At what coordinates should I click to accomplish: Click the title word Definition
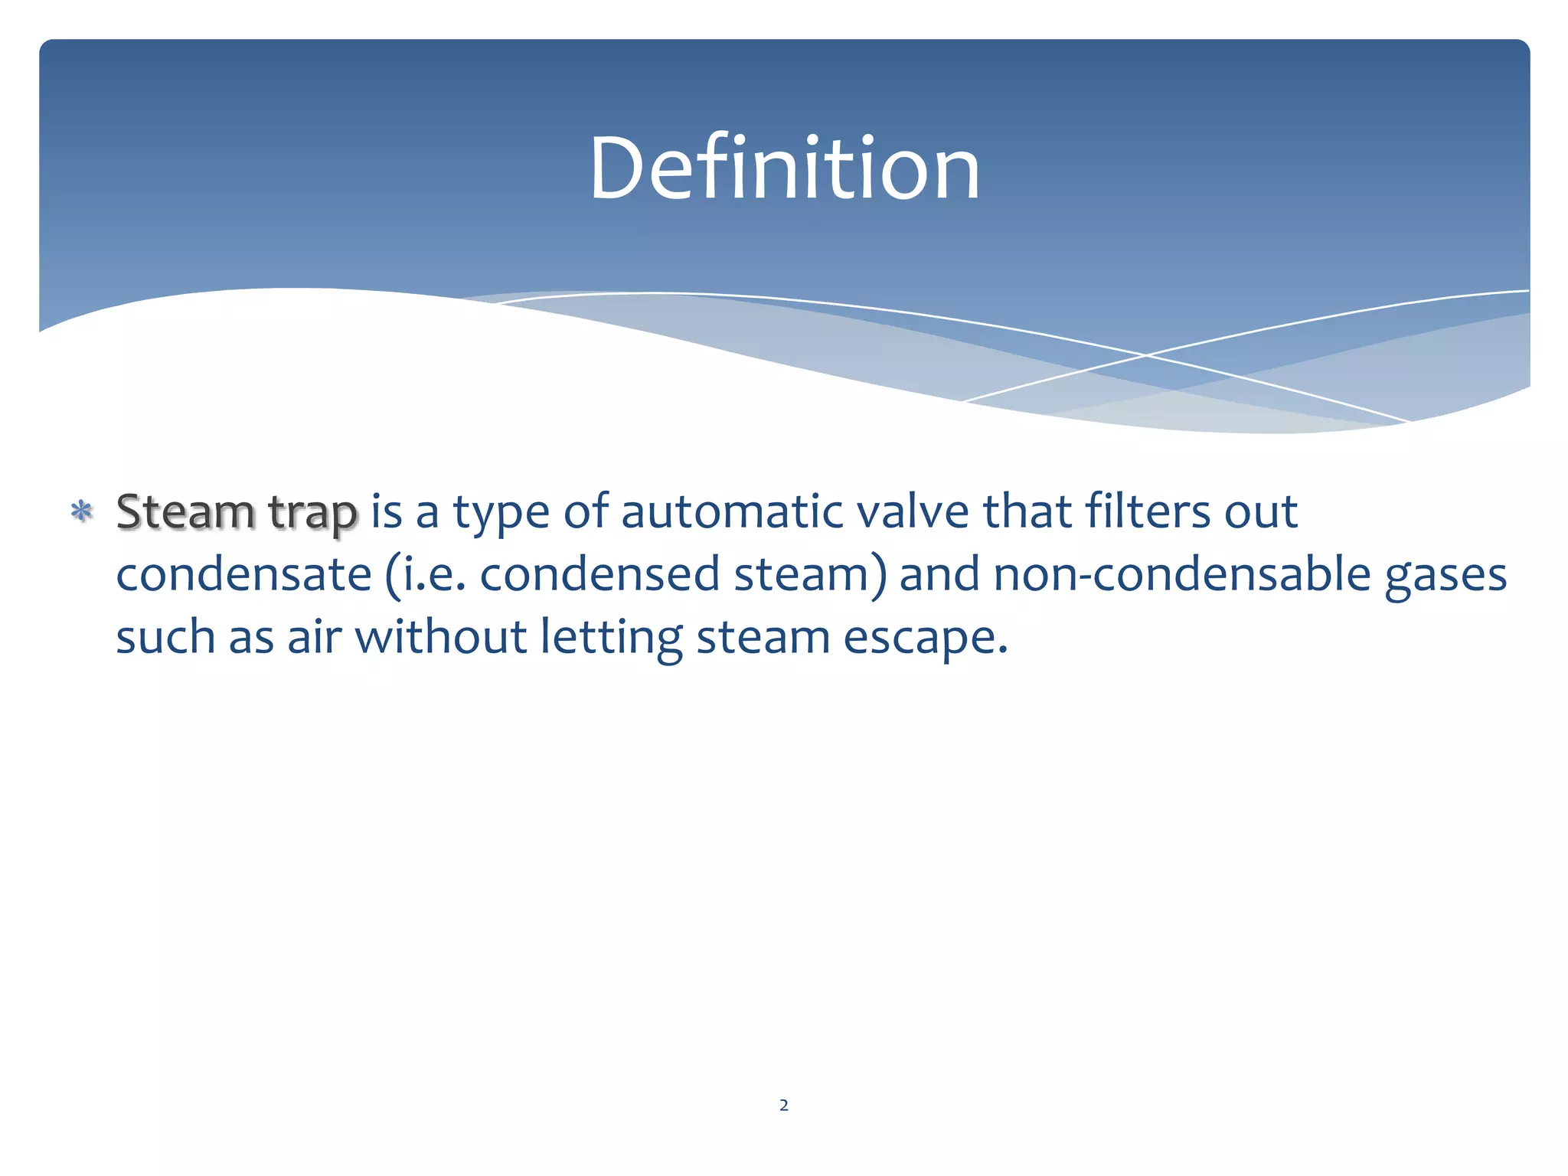coord(784,168)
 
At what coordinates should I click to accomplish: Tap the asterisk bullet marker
coord(81,511)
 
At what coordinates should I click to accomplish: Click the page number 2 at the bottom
coord(783,1105)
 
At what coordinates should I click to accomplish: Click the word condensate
coord(243,574)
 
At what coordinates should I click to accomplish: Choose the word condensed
coord(599,574)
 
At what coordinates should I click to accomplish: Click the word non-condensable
coord(1181,574)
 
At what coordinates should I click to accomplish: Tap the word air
coord(314,637)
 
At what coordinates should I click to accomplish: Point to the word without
coord(440,637)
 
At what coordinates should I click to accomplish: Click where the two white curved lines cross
coord(1146,355)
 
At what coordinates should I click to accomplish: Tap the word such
coord(165,637)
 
